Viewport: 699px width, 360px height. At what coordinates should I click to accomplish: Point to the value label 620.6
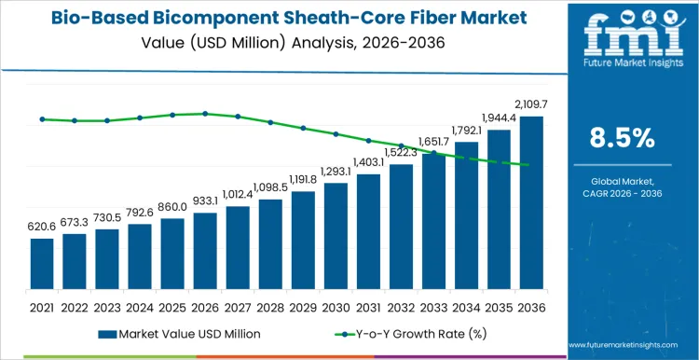[x=42, y=227]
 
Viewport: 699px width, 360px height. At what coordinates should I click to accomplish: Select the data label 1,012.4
[x=238, y=194]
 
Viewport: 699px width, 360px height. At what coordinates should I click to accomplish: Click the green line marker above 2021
[x=42, y=119]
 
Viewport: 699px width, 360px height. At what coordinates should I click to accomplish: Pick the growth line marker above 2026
[x=205, y=114]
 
